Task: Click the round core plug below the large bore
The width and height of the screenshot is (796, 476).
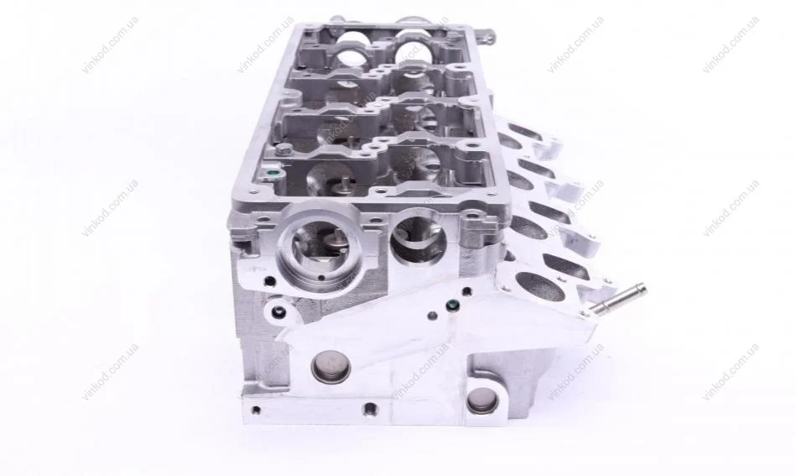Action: click(x=330, y=369)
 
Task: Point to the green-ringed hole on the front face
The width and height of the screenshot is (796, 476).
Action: click(x=451, y=306)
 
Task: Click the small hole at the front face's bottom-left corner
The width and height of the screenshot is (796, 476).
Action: click(x=256, y=410)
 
